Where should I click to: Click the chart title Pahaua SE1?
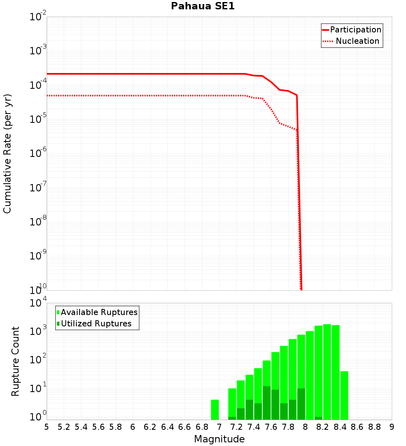(203, 6)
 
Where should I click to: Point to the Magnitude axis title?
(219, 439)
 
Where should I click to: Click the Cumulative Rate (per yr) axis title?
(7, 153)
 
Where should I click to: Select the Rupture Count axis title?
(15, 361)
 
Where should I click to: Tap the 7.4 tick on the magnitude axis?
(254, 427)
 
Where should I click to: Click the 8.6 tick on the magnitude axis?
(357, 427)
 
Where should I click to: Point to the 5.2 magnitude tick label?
(64, 427)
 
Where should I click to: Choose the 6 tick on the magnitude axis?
(133, 427)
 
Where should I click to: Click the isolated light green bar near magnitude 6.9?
(215, 410)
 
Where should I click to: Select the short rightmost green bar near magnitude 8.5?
(344, 395)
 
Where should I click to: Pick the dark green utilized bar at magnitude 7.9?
(301, 404)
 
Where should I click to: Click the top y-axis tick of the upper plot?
(38, 17)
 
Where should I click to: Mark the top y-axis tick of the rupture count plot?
(38, 303)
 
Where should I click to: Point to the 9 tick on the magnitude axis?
(392, 427)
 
